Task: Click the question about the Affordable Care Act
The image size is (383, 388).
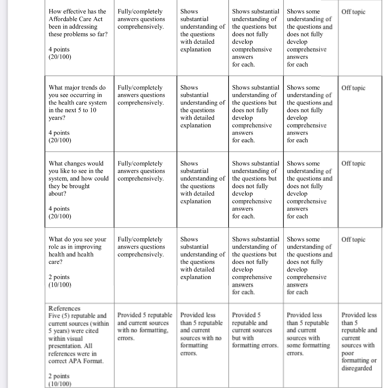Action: pyautogui.click(x=78, y=23)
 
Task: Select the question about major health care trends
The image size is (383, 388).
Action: pyautogui.click(x=78, y=103)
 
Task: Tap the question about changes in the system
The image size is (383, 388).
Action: pyautogui.click(x=78, y=178)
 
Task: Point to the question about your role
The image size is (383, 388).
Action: pyautogui.click(x=77, y=250)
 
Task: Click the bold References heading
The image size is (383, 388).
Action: pyautogui.click(x=64, y=308)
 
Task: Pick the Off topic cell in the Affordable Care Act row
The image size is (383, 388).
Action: pyautogui.click(x=353, y=12)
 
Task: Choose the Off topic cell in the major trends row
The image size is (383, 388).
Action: pyautogui.click(x=353, y=88)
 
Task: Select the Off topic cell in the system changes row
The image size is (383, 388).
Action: pyautogui.click(x=353, y=163)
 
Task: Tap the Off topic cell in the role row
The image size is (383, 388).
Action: pyautogui.click(x=353, y=239)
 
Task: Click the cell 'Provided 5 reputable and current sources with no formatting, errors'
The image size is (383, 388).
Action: pyautogui.click(x=145, y=326)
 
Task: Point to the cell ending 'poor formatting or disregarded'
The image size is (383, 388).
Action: pyautogui.click(x=359, y=341)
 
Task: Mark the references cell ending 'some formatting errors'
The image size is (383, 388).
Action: pyautogui.click(x=308, y=334)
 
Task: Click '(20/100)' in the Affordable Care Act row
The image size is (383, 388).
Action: pyautogui.click(x=60, y=57)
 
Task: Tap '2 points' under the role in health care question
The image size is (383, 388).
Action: pyautogui.click(x=59, y=277)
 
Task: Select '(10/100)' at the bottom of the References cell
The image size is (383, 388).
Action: pyautogui.click(x=60, y=384)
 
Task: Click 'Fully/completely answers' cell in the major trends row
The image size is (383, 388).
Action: pyautogui.click(x=141, y=95)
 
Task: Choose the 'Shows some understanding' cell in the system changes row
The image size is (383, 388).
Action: pyautogui.click(x=309, y=190)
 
